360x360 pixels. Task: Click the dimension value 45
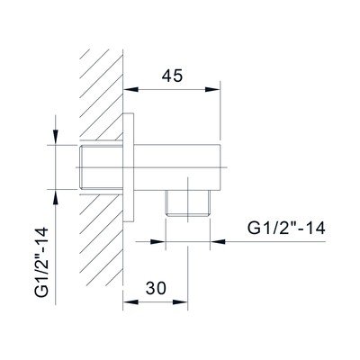tap(172, 76)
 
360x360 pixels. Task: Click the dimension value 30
tap(156, 288)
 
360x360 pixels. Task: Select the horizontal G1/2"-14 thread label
tap(286, 229)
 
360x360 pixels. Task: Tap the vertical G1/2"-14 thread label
tap(41, 262)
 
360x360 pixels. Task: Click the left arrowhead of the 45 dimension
tap(131, 89)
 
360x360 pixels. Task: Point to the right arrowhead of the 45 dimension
tap(212, 89)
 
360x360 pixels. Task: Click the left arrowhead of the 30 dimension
tap(131, 302)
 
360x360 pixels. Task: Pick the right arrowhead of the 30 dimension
tap(180, 302)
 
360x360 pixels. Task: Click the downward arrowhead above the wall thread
tap(56, 138)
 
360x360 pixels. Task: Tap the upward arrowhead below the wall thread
tap(56, 197)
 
